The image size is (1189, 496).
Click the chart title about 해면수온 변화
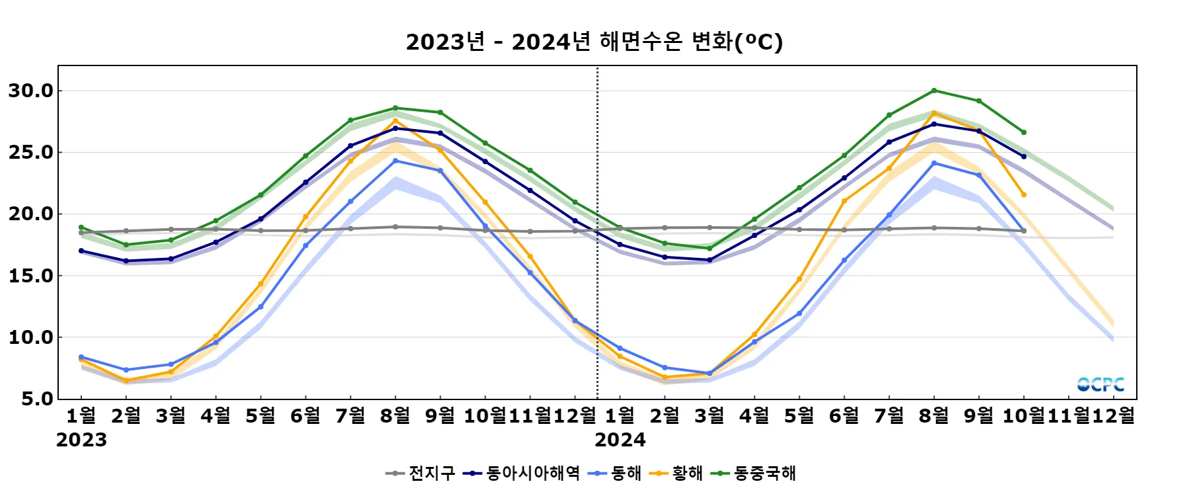594,42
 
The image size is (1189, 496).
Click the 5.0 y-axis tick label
37,399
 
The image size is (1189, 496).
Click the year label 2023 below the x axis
81,440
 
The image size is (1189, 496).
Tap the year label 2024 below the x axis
620,440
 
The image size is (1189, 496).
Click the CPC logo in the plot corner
1100,384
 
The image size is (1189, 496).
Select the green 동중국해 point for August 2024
934,91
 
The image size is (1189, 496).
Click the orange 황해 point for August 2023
396,120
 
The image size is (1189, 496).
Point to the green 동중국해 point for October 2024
1024,132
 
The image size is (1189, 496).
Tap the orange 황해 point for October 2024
1024,194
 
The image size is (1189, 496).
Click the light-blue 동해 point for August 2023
396,161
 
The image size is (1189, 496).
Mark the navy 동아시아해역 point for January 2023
81,251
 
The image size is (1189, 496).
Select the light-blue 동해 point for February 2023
126,370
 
